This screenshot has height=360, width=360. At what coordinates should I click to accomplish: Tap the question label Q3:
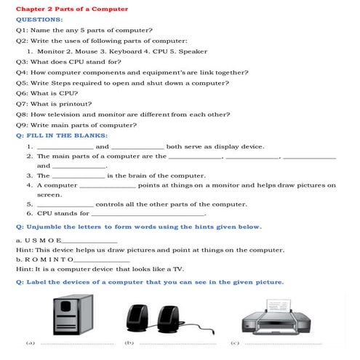[x=21, y=63]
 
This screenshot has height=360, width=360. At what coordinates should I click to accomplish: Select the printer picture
[x=280, y=317]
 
